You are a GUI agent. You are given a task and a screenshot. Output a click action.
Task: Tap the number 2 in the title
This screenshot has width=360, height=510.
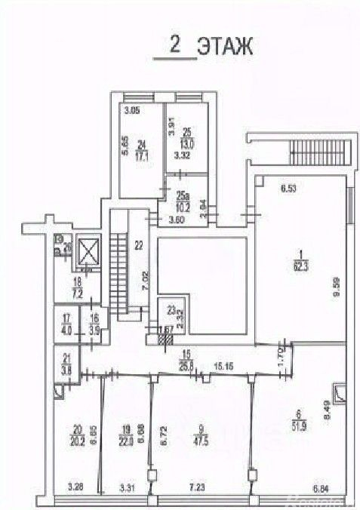pyautogui.click(x=175, y=46)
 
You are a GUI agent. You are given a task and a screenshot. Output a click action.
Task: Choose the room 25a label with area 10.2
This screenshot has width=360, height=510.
pyautogui.click(x=180, y=202)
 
